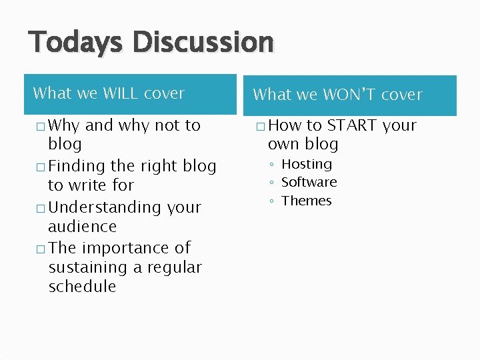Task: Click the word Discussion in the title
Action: tap(203, 41)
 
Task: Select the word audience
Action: tap(82, 227)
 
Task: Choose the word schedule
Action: tap(82, 287)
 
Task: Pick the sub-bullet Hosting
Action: tap(306, 164)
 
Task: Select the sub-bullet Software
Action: tap(309, 182)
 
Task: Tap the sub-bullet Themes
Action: tap(306, 201)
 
